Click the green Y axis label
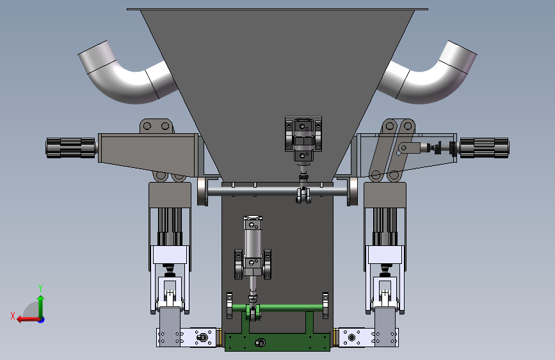point(40,288)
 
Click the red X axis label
point(13,316)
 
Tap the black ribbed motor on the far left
point(71,148)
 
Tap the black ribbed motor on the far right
point(484,148)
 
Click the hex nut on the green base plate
point(260,343)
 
